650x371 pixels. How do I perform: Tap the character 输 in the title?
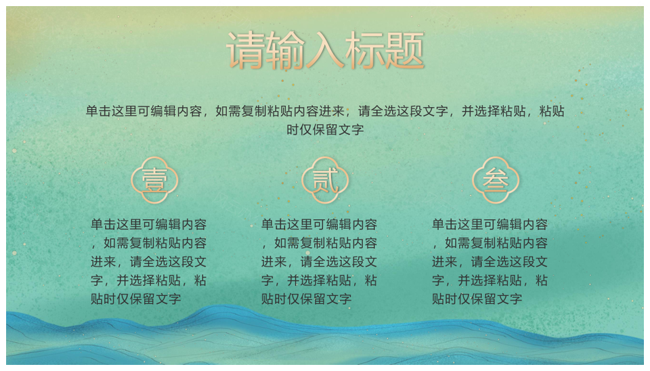click(x=285, y=50)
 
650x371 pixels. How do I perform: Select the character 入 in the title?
click(x=324, y=50)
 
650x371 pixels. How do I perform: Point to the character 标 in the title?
click(x=364, y=50)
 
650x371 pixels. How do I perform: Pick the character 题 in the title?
click(x=404, y=50)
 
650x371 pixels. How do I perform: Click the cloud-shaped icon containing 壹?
click(x=154, y=180)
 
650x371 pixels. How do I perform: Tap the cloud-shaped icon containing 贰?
click(x=325, y=180)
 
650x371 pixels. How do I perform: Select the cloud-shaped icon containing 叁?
click(x=496, y=180)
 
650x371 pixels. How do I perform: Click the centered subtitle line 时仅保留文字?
click(x=325, y=130)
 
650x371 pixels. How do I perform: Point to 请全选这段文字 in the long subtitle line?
click(x=403, y=111)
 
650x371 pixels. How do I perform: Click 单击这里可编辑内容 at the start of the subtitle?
click(x=144, y=111)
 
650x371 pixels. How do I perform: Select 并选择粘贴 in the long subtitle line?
click(x=494, y=111)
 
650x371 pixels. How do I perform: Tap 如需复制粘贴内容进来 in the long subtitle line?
click(x=280, y=111)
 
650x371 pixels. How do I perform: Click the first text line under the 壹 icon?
click(x=149, y=225)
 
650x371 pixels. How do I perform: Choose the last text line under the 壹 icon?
click(x=136, y=299)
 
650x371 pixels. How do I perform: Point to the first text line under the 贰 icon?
click(x=319, y=225)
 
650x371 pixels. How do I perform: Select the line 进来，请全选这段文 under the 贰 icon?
click(x=319, y=261)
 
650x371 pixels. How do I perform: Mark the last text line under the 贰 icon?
click(x=306, y=299)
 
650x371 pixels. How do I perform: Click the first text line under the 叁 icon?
click(x=490, y=225)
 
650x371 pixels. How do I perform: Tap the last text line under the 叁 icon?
click(x=477, y=299)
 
